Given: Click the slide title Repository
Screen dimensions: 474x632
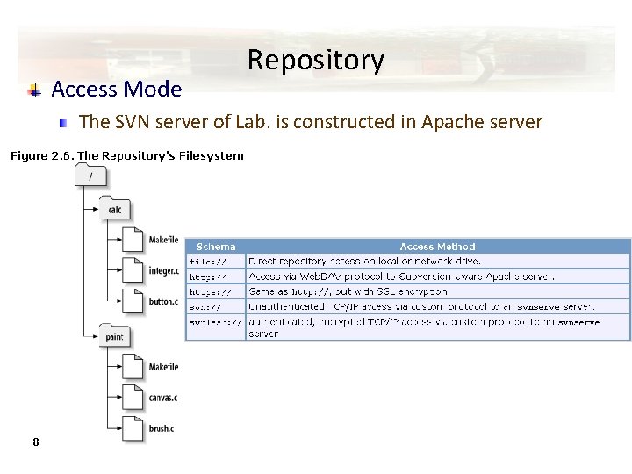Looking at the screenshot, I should pyautogui.click(x=315, y=60).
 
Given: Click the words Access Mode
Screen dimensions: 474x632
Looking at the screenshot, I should pyautogui.click(x=117, y=89).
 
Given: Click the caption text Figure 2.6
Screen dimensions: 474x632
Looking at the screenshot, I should pyautogui.click(x=41, y=156).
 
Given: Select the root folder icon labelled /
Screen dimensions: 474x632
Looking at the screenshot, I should pyautogui.click(x=91, y=177).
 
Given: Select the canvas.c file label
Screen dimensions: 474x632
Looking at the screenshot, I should pyautogui.click(x=163, y=398).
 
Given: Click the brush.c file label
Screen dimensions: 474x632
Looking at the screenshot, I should pyautogui.click(x=162, y=427).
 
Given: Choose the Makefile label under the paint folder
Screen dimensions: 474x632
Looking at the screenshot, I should pyautogui.click(x=163, y=367).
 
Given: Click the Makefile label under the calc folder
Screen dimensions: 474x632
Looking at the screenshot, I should pyautogui.click(x=163, y=240).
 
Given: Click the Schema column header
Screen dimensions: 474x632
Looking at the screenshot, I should pyautogui.click(x=215, y=247).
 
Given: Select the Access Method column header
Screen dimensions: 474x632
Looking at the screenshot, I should pyautogui.click(x=437, y=247).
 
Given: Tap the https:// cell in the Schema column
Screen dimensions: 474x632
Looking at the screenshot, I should pyautogui.click(x=211, y=291).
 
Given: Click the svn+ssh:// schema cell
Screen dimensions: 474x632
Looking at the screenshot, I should pyautogui.click(x=215, y=322).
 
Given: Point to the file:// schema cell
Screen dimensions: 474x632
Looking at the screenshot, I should pyautogui.click(x=208, y=262).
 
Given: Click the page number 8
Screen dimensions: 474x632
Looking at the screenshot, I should pyautogui.click(x=35, y=442).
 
